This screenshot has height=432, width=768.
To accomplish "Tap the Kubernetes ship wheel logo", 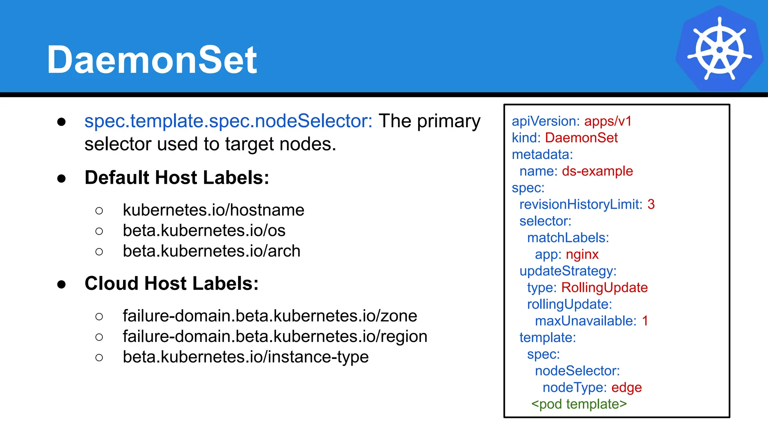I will pyautogui.click(x=719, y=49).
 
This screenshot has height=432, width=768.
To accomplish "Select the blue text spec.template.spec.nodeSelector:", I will pyautogui.click(x=228, y=121).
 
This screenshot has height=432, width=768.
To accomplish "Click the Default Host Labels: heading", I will pyautogui.click(x=177, y=177).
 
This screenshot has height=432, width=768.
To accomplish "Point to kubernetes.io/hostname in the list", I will pyautogui.click(x=213, y=210).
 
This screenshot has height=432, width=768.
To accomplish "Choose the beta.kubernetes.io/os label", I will pyautogui.click(x=204, y=230).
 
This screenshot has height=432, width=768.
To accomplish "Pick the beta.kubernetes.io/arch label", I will pyautogui.click(x=211, y=251).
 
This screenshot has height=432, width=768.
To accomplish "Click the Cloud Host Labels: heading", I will pyautogui.click(x=172, y=283).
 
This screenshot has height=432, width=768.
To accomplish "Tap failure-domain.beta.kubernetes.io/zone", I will pyautogui.click(x=270, y=316).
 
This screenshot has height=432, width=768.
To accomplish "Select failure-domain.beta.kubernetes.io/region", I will pyautogui.click(x=275, y=336).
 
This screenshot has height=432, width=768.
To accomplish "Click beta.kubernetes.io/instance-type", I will pyautogui.click(x=246, y=357).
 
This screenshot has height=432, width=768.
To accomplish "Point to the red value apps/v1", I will pyautogui.click(x=608, y=121).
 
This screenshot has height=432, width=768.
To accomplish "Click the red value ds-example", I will pyautogui.click(x=597, y=171).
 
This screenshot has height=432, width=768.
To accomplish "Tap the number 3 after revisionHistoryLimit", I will pyautogui.click(x=651, y=204).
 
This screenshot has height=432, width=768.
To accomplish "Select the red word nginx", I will pyautogui.click(x=582, y=254).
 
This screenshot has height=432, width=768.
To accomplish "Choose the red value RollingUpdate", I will pyautogui.click(x=604, y=288).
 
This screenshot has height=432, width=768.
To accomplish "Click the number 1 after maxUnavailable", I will pyautogui.click(x=645, y=321).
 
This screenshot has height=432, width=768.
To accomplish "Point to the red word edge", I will pyautogui.click(x=627, y=387).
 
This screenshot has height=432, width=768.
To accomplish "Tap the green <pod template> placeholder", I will pyautogui.click(x=579, y=404).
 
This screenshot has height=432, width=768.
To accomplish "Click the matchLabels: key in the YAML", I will pyautogui.click(x=568, y=238).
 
